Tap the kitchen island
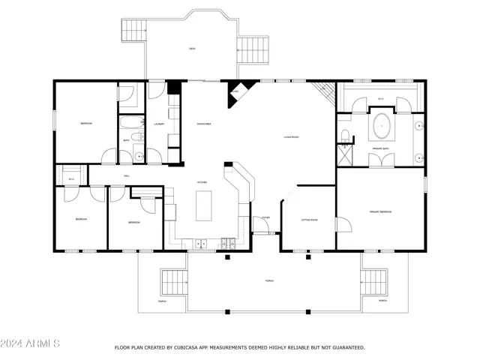[x=205, y=205]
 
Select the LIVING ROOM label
[x=291, y=137]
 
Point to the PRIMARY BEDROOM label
[x=380, y=212]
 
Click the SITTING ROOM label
[x=309, y=220]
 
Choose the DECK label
[x=192, y=49]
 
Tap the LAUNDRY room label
[x=159, y=123]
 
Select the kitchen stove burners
[x=228, y=242]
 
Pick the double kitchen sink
[x=201, y=242]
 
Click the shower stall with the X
[x=346, y=156]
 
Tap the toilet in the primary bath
[x=344, y=136]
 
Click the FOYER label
[x=265, y=218]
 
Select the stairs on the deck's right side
[x=253, y=52]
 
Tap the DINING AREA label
[x=203, y=123]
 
